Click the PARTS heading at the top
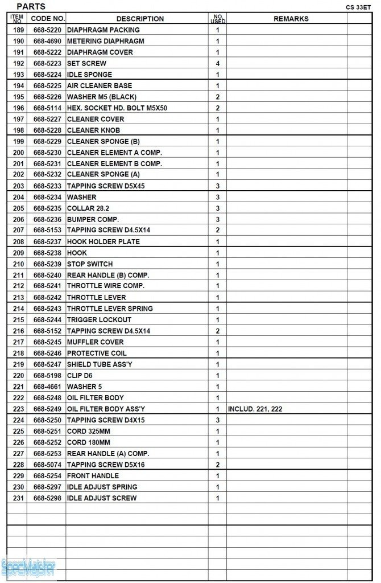(x=31, y=6)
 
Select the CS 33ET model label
(x=358, y=7)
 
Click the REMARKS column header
(x=291, y=19)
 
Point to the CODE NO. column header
(x=48, y=19)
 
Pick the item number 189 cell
(x=18, y=30)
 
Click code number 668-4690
(x=47, y=41)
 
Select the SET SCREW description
(x=86, y=63)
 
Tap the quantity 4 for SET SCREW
(x=217, y=63)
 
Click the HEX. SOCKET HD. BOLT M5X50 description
(x=117, y=108)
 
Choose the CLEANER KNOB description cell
(x=93, y=130)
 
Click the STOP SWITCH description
(x=90, y=264)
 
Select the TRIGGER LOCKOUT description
(x=99, y=319)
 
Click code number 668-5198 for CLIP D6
(x=47, y=375)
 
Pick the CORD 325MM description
(x=89, y=431)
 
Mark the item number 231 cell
(x=18, y=498)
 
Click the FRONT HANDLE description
(x=93, y=475)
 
